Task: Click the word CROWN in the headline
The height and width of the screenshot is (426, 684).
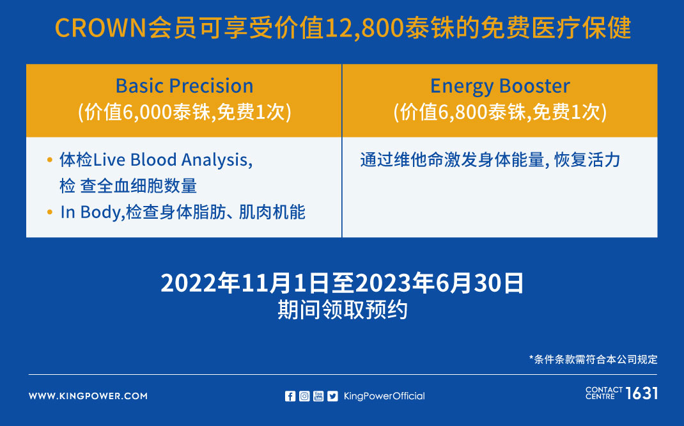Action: coord(100,28)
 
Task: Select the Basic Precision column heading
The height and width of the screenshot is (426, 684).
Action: coord(184,86)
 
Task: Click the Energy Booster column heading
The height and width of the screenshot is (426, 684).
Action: coord(500,86)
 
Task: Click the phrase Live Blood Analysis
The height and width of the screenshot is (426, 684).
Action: coord(173,160)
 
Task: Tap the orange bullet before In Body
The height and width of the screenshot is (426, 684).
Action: coord(50,212)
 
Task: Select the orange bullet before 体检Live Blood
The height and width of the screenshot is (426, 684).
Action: coord(50,160)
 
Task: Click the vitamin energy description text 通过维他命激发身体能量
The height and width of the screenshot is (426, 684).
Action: coord(452,160)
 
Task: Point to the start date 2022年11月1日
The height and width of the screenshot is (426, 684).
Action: coord(245,283)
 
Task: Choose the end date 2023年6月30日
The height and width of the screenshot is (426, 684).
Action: coord(439,283)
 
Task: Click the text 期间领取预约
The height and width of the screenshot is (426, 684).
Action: coord(343,310)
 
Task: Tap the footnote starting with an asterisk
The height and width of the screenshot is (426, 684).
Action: coord(593,359)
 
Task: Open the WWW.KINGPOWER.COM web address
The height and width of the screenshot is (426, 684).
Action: coord(88,396)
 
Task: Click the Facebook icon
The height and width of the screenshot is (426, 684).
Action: coord(290,396)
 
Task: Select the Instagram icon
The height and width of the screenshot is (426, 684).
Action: coord(304,396)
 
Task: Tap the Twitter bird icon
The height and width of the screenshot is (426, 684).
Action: coord(333,396)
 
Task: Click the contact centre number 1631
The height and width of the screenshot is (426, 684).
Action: coord(642,393)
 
